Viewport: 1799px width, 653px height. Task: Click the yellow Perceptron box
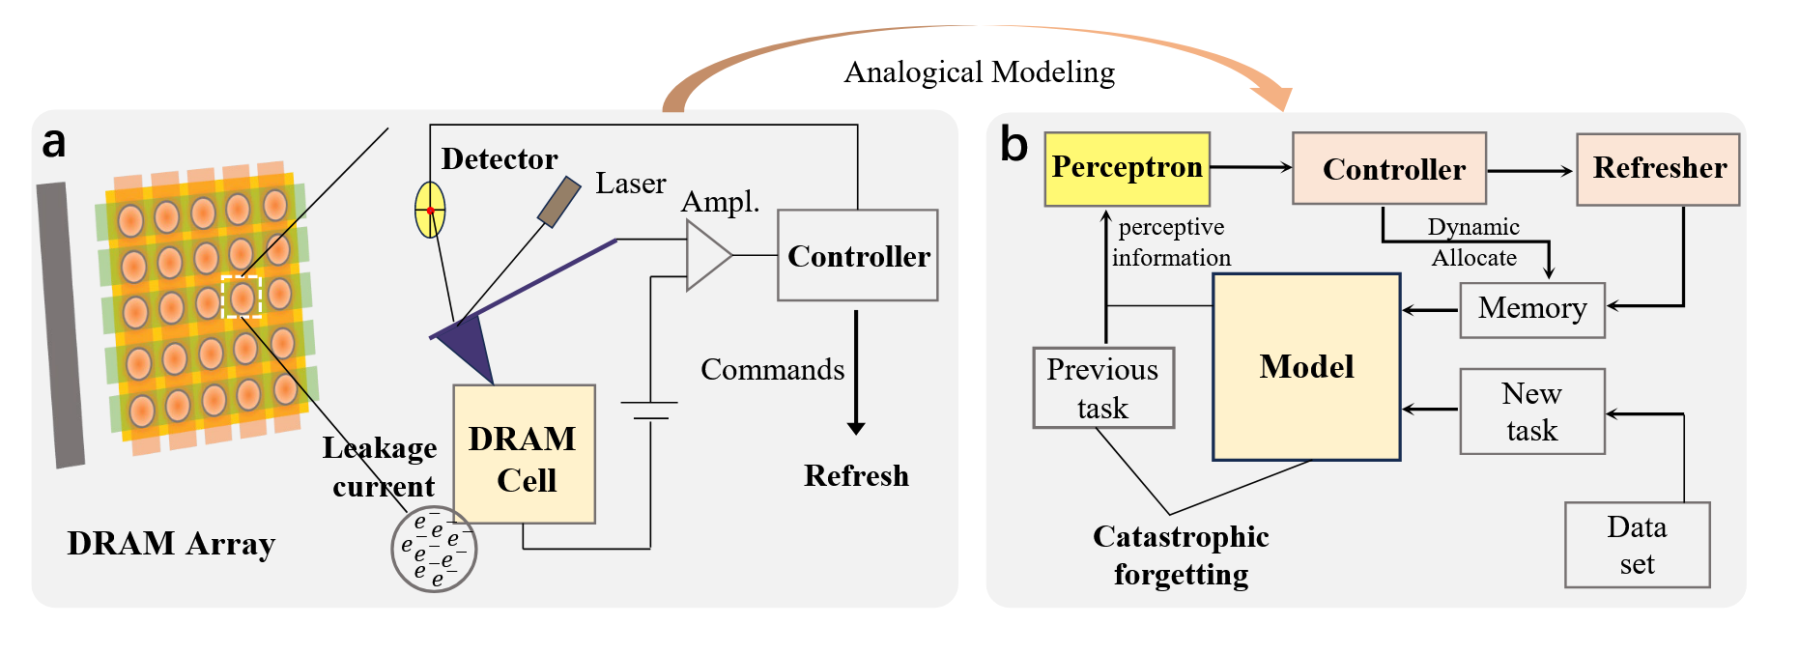[x=1127, y=168]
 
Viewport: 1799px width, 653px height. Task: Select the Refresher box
[x=1658, y=169]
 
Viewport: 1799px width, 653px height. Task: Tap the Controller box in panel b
[x=1388, y=169]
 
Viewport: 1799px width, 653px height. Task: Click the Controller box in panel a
[x=857, y=255]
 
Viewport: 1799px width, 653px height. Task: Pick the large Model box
[x=1306, y=367]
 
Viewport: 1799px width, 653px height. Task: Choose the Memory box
[x=1531, y=309]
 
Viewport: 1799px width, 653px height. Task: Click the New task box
[x=1531, y=412]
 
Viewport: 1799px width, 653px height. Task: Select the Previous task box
[x=1103, y=388]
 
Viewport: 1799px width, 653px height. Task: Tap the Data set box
[x=1637, y=545]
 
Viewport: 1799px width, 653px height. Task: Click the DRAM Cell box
[x=524, y=455]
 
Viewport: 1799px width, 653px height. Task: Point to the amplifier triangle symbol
[x=705, y=255]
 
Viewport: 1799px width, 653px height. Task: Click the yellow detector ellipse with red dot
[x=430, y=210]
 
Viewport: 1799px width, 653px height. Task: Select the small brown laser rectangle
[x=559, y=202]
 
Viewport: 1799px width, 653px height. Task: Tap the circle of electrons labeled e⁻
[x=434, y=549]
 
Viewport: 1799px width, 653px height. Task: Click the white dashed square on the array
[x=242, y=297]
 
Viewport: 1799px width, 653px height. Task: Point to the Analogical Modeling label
[x=979, y=72]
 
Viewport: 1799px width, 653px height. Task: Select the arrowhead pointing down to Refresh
[x=856, y=427]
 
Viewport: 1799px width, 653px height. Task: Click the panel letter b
[x=1014, y=145]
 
